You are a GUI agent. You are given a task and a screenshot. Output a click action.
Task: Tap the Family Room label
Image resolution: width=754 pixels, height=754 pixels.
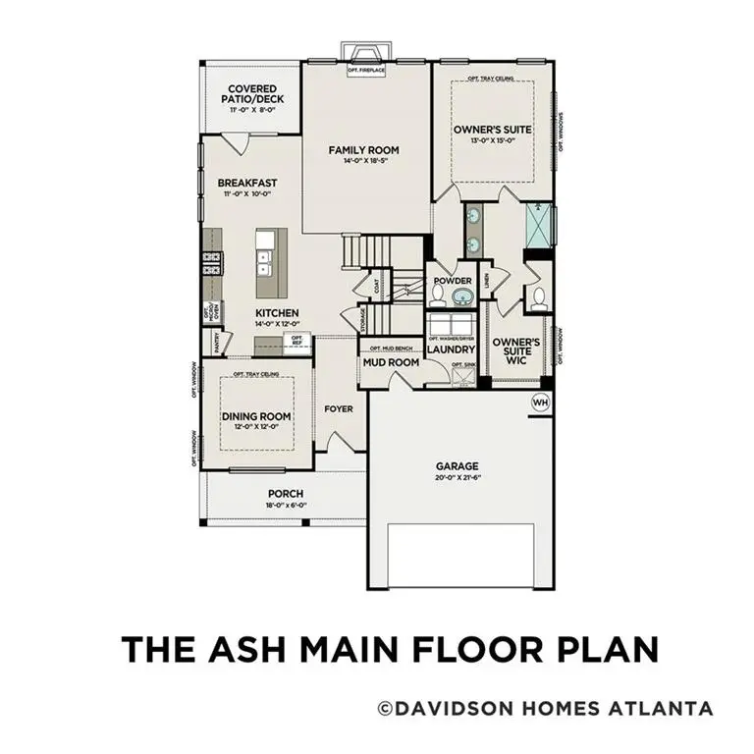(x=363, y=150)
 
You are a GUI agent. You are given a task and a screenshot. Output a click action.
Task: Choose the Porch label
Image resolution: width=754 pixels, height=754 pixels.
(x=286, y=493)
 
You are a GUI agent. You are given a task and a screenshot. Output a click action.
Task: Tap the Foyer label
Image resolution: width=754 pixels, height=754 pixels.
(x=339, y=408)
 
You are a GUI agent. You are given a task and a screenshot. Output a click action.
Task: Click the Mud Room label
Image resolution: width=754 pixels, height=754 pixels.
(x=391, y=362)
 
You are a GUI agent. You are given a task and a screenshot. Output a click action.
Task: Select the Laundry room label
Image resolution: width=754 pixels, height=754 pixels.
(x=451, y=349)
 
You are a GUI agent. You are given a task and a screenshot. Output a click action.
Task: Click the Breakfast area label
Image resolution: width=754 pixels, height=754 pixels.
(x=247, y=183)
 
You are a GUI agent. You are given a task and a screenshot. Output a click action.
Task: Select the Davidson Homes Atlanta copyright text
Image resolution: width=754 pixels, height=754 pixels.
(x=545, y=708)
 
